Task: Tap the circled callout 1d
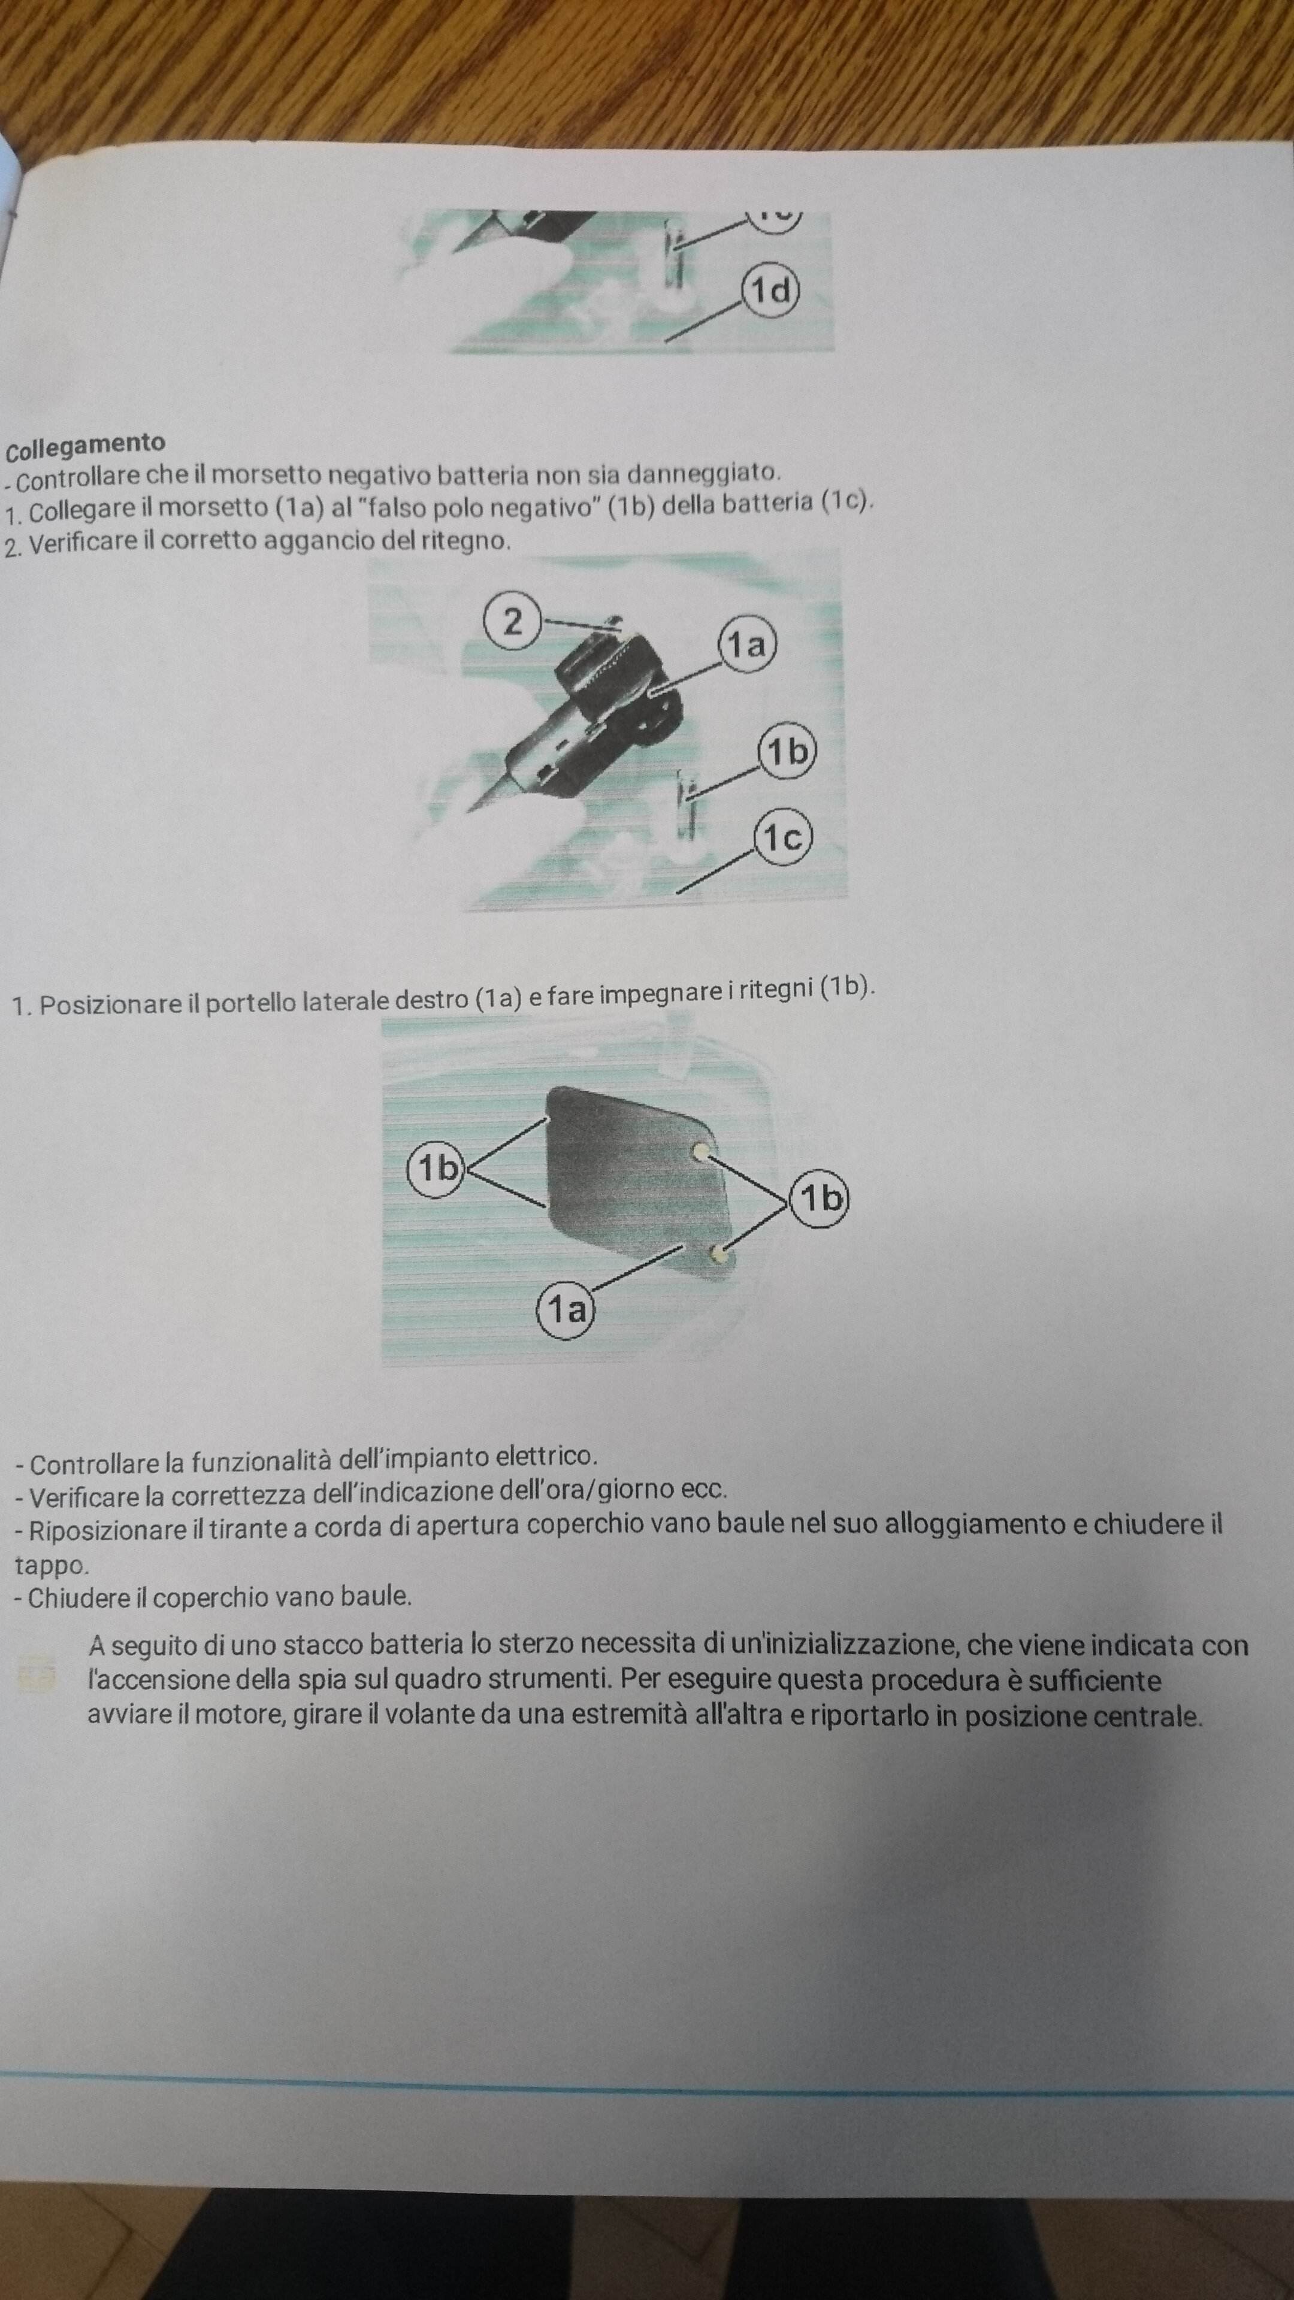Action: click(770, 290)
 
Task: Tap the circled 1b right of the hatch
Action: click(820, 1198)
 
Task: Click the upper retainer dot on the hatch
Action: click(701, 1151)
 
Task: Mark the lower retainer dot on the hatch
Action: click(718, 1256)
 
